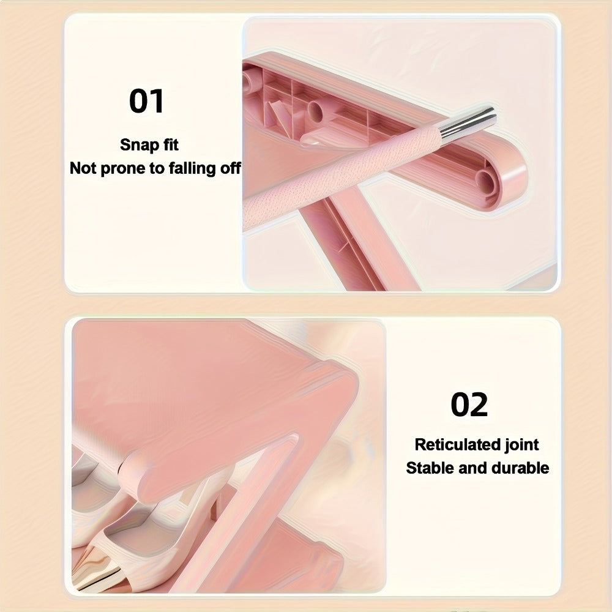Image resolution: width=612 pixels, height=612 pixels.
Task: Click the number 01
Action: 146,101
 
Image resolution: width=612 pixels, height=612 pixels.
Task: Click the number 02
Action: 469,405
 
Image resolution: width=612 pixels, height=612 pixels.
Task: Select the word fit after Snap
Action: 169,144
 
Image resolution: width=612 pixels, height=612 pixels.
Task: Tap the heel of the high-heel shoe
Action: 213,507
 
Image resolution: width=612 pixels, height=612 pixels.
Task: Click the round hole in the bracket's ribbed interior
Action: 316,110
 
